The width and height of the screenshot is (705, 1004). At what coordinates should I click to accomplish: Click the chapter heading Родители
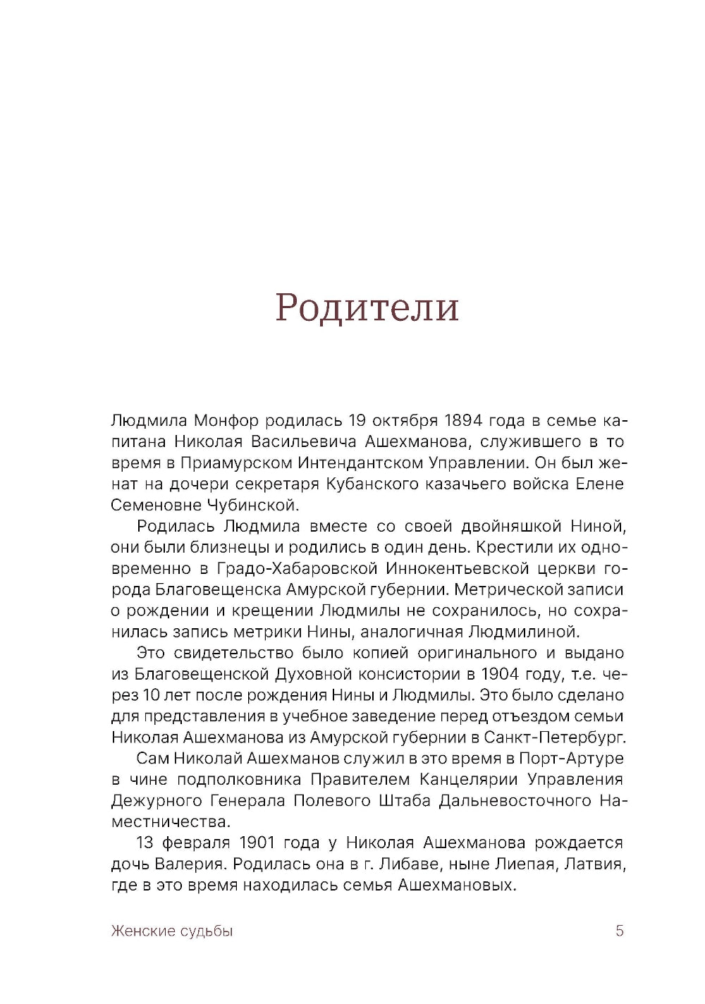[367, 307]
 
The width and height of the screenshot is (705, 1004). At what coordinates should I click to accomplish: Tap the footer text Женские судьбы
[172, 931]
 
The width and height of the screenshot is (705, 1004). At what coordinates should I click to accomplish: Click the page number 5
[620, 931]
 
